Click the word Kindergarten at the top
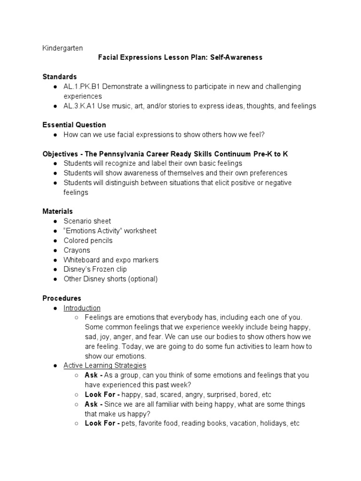click(63, 48)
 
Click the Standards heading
click(60, 77)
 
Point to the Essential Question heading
click(74, 125)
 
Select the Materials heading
click(57, 211)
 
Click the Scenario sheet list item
click(87, 221)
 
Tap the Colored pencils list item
click(88, 240)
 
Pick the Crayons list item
click(77, 250)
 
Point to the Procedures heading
click(62, 298)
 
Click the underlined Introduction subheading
click(82, 308)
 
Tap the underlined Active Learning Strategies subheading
click(105, 365)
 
